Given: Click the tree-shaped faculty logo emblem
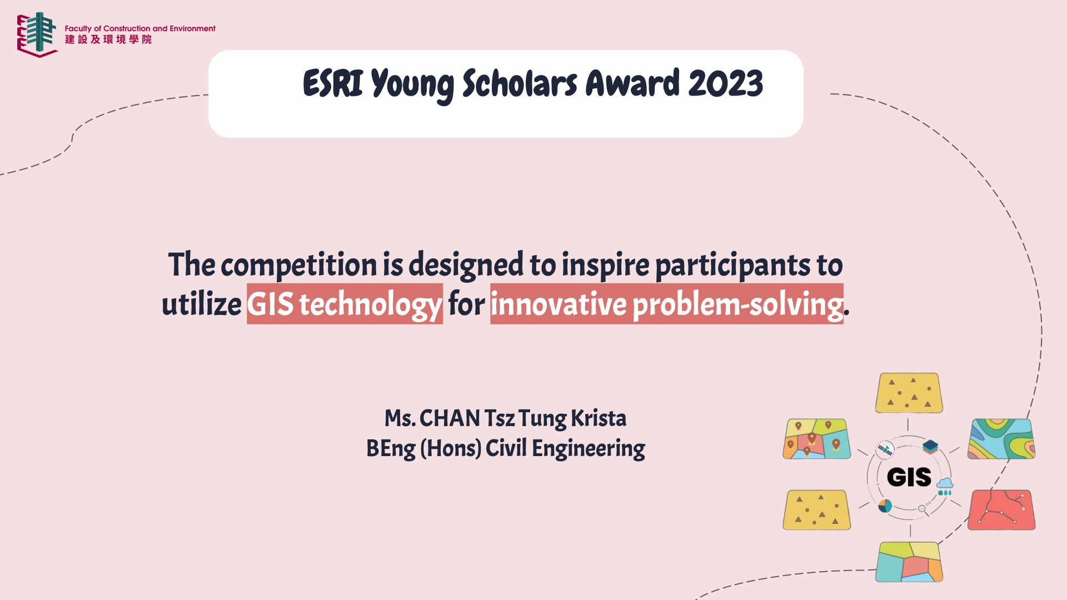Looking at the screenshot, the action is (37, 34).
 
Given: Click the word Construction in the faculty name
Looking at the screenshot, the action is (127, 28).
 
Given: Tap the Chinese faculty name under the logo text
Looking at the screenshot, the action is (108, 39).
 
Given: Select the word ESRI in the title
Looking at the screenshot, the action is (333, 84).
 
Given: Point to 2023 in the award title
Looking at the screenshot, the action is (726, 84).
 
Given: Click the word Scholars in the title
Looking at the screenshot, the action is (520, 84).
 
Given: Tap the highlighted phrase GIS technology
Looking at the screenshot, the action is (345, 304).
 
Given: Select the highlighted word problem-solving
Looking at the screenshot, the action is (738, 304).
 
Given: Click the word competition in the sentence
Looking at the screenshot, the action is (299, 265).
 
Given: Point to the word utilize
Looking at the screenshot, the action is (201, 304).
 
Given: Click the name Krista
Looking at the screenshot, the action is (599, 418).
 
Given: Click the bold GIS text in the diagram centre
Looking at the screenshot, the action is (909, 477).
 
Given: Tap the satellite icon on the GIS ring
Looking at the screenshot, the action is (885, 449).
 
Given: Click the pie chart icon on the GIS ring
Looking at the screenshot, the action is (885, 506).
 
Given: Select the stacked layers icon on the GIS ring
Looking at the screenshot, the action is (930, 447).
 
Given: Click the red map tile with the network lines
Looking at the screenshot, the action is (1001, 510).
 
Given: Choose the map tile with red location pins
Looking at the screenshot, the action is (817, 439).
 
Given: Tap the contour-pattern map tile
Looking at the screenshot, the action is (1001, 439).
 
